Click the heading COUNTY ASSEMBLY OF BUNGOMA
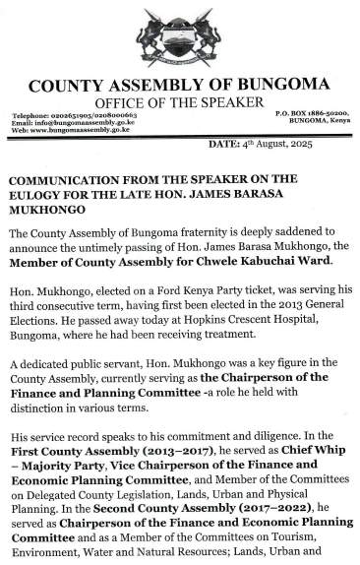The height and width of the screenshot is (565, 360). (x=179, y=86)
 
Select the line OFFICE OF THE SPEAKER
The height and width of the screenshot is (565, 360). (x=179, y=102)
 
